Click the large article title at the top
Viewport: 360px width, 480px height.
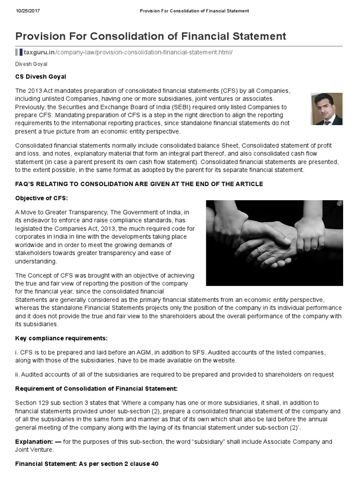tap(150, 36)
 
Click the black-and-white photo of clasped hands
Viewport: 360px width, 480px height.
tap(274, 243)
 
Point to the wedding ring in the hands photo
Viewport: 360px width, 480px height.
tap(259, 250)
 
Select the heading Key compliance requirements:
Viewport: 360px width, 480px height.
tap(61, 338)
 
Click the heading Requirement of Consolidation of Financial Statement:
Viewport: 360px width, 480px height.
tap(97, 389)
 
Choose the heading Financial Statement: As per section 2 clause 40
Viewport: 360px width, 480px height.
tap(87, 464)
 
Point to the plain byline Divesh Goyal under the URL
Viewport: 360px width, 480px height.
tap(31, 64)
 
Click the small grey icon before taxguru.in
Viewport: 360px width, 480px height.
tap(18, 52)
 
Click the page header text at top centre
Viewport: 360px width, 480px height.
tap(195, 10)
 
